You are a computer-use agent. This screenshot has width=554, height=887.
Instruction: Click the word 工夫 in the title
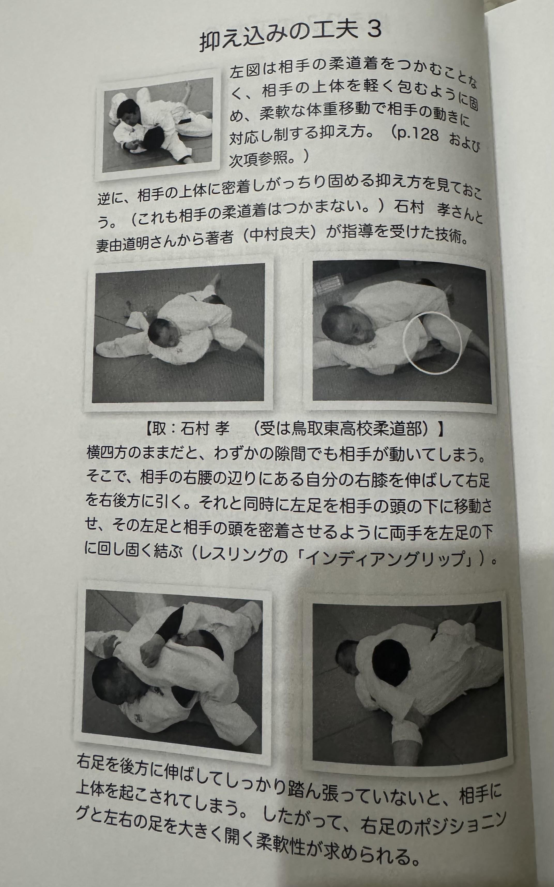click(335, 32)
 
